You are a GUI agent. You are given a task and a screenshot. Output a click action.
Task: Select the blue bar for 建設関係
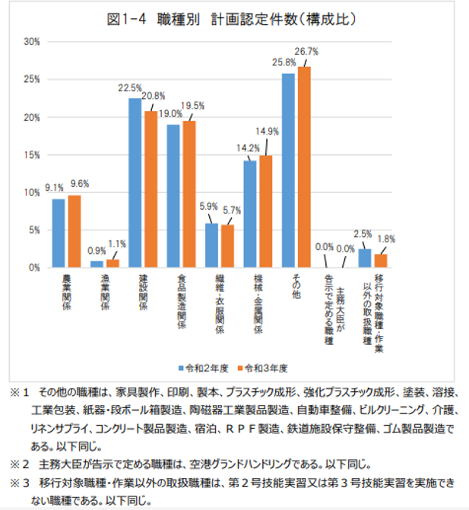point(135,182)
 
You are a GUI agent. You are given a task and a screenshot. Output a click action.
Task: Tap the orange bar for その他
point(304,167)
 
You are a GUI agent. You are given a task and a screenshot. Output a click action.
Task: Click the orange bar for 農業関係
point(74,231)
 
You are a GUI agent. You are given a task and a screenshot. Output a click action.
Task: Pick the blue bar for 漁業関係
point(97,264)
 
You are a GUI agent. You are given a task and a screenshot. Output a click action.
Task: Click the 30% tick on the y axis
point(31,41)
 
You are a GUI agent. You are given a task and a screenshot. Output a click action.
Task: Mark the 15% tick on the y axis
point(31,154)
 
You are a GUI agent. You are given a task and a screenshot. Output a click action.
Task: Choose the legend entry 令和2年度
point(204,368)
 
